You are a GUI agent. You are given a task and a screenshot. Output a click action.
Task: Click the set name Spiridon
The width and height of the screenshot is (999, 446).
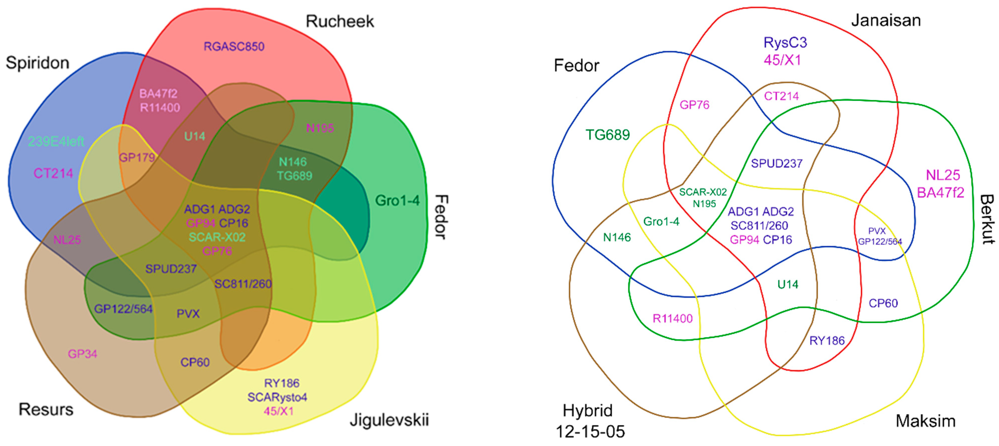click(38, 63)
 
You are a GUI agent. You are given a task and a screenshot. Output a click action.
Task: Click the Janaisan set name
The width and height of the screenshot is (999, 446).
click(886, 20)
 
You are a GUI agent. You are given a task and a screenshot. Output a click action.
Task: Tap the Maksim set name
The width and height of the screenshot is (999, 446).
click(925, 421)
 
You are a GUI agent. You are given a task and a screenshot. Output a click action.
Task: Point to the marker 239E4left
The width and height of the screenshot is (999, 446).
click(56, 142)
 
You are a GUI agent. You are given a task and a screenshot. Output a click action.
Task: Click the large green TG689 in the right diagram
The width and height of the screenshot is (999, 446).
click(607, 135)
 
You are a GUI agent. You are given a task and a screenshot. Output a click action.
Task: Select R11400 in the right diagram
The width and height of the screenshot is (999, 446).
click(672, 318)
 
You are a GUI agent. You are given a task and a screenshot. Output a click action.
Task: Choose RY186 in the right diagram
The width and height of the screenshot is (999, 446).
click(827, 341)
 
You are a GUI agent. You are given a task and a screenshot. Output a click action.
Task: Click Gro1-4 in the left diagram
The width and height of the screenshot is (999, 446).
click(397, 201)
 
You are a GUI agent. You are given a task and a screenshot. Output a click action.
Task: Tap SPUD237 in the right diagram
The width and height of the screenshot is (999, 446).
click(776, 163)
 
